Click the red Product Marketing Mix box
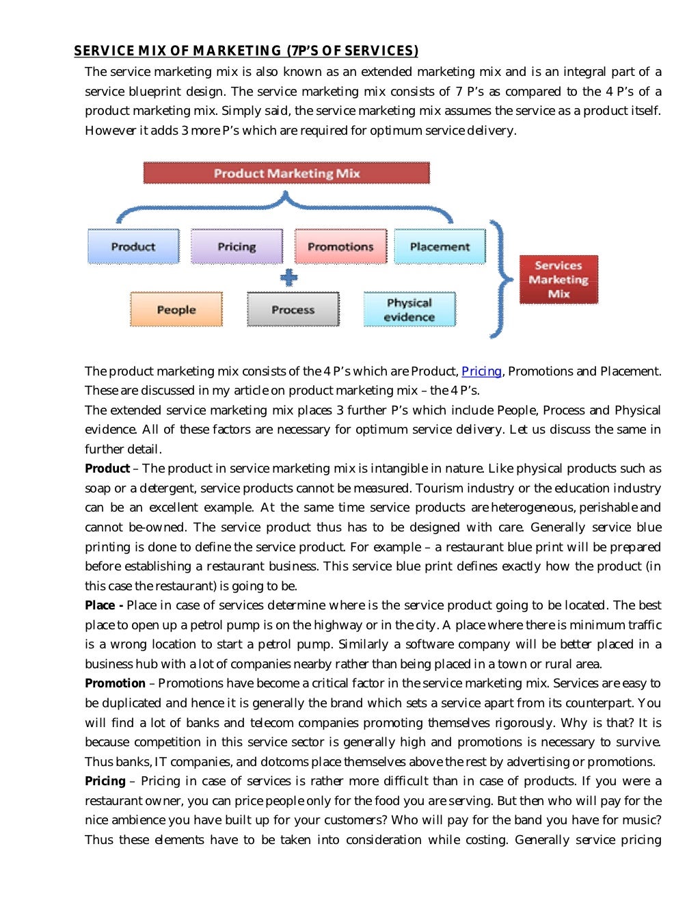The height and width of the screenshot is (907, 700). pyautogui.click(x=286, y=173)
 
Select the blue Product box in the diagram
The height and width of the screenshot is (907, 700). pyautogui.click(x=133, y=246)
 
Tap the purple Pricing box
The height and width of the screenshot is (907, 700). pyautogui.click(x=237, y=246)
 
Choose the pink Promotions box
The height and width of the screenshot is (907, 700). pyautogui.click(x=340, y=246)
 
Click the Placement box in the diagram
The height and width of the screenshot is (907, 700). pyautogui.click(x=440, y=246)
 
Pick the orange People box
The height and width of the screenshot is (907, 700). pyautogui.click(x=176, y=309)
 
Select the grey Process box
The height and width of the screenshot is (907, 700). pyautogui.click(x=293, y=309)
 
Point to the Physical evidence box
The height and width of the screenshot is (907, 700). pyautogui.click(x=409, y=309)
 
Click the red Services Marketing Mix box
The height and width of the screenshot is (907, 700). pyautogui.click(x=558, y=279)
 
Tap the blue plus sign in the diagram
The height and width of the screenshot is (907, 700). pyautogui.click(x=289, y=278)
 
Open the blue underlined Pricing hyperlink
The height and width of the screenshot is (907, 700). pyautogui.click(x=481, y=371)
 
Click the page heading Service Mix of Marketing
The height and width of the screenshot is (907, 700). pyautogui.click(x=246, y=51)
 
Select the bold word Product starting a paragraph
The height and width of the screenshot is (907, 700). pyautogui.click(x=107, y=469)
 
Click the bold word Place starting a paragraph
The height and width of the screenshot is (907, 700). pyautogui.click(x=100, y=605)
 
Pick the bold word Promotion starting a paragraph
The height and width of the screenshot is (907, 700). pyautogui.click(x=115, y=683)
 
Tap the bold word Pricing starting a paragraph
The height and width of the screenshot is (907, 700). pyautogui.click(x=105, y=781)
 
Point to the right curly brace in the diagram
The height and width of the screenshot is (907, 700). pyautogui.click(x=502, y=279)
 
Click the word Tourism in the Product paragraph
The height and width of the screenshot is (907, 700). pyautogui.click(x=440, y=488)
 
